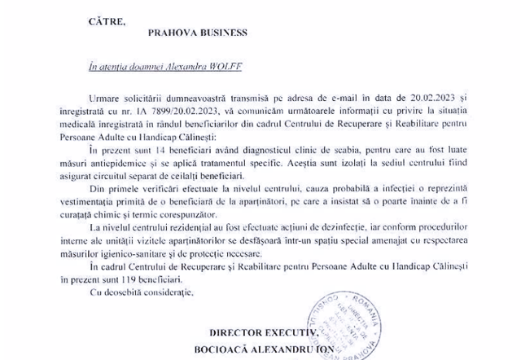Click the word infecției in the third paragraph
coord(394,186)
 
